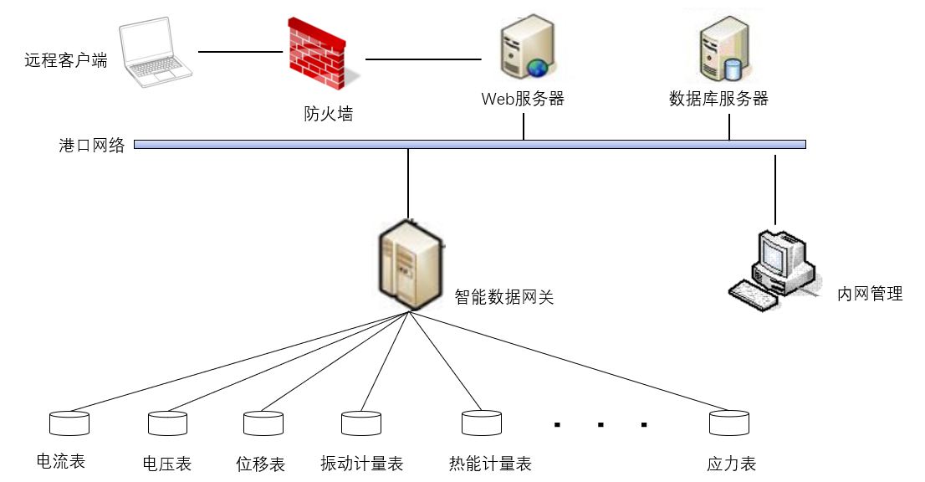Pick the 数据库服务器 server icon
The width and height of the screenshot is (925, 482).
[722, 49]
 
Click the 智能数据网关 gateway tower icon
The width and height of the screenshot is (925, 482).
[409, 262]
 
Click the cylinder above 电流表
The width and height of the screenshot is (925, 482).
[69, 423]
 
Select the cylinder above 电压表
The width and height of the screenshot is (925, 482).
[167, 423]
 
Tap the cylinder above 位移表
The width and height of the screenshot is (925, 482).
[263, 423]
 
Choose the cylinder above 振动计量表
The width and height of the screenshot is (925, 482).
[361, 423]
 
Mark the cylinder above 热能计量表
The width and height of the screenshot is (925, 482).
[482, 423]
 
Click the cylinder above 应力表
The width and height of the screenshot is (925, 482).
[729, 423]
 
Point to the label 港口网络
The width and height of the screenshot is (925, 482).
[92, 146]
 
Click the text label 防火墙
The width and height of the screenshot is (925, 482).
[329, 114]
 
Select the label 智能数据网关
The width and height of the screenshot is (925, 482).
[504, 297]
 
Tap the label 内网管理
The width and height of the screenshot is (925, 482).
[870, 295]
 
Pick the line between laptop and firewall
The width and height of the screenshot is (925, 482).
[241, 52]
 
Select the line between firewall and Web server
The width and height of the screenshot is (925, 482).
[423, 59]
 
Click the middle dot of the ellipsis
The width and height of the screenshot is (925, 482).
[600, 425]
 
